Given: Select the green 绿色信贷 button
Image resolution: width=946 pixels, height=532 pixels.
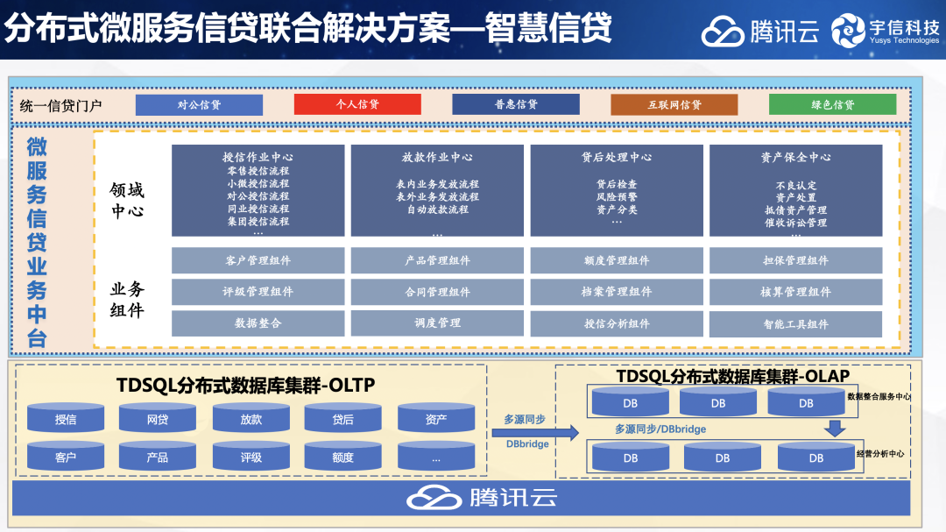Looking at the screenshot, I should pos(832,104).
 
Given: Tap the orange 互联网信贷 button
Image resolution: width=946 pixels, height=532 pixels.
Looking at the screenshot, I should pos(674,104).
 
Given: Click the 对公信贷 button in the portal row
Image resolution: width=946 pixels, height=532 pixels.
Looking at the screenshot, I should pos(199,104).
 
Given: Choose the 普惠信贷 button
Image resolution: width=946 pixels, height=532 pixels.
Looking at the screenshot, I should pos(516,104).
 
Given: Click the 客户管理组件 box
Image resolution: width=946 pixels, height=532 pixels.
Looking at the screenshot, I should pos(258,260).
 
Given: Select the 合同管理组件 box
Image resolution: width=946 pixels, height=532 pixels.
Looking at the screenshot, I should pos(437,292).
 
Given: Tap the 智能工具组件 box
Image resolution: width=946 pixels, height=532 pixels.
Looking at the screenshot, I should pos(795,323).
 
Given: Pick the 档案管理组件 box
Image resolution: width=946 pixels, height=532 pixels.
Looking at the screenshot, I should pos(617,292).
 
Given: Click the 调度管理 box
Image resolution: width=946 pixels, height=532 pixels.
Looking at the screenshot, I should pos(437,323).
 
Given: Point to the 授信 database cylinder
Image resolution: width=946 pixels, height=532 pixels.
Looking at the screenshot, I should pos(66,419).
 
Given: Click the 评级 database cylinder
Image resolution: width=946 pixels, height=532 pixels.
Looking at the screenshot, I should pos(251,457).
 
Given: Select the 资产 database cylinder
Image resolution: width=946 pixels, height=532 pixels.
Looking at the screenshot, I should pos(436,419).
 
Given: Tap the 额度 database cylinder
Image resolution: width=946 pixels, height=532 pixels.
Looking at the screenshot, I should pos(343,457).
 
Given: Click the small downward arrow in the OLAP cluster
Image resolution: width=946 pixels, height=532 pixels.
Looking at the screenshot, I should pos(835,428).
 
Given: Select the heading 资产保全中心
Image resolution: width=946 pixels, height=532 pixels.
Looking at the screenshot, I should pos(795,158).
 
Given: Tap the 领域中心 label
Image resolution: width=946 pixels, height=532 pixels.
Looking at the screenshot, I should pos(127,201).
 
